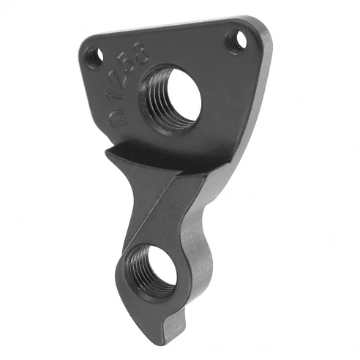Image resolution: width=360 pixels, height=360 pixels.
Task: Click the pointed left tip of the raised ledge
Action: click(x=106, y=153)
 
